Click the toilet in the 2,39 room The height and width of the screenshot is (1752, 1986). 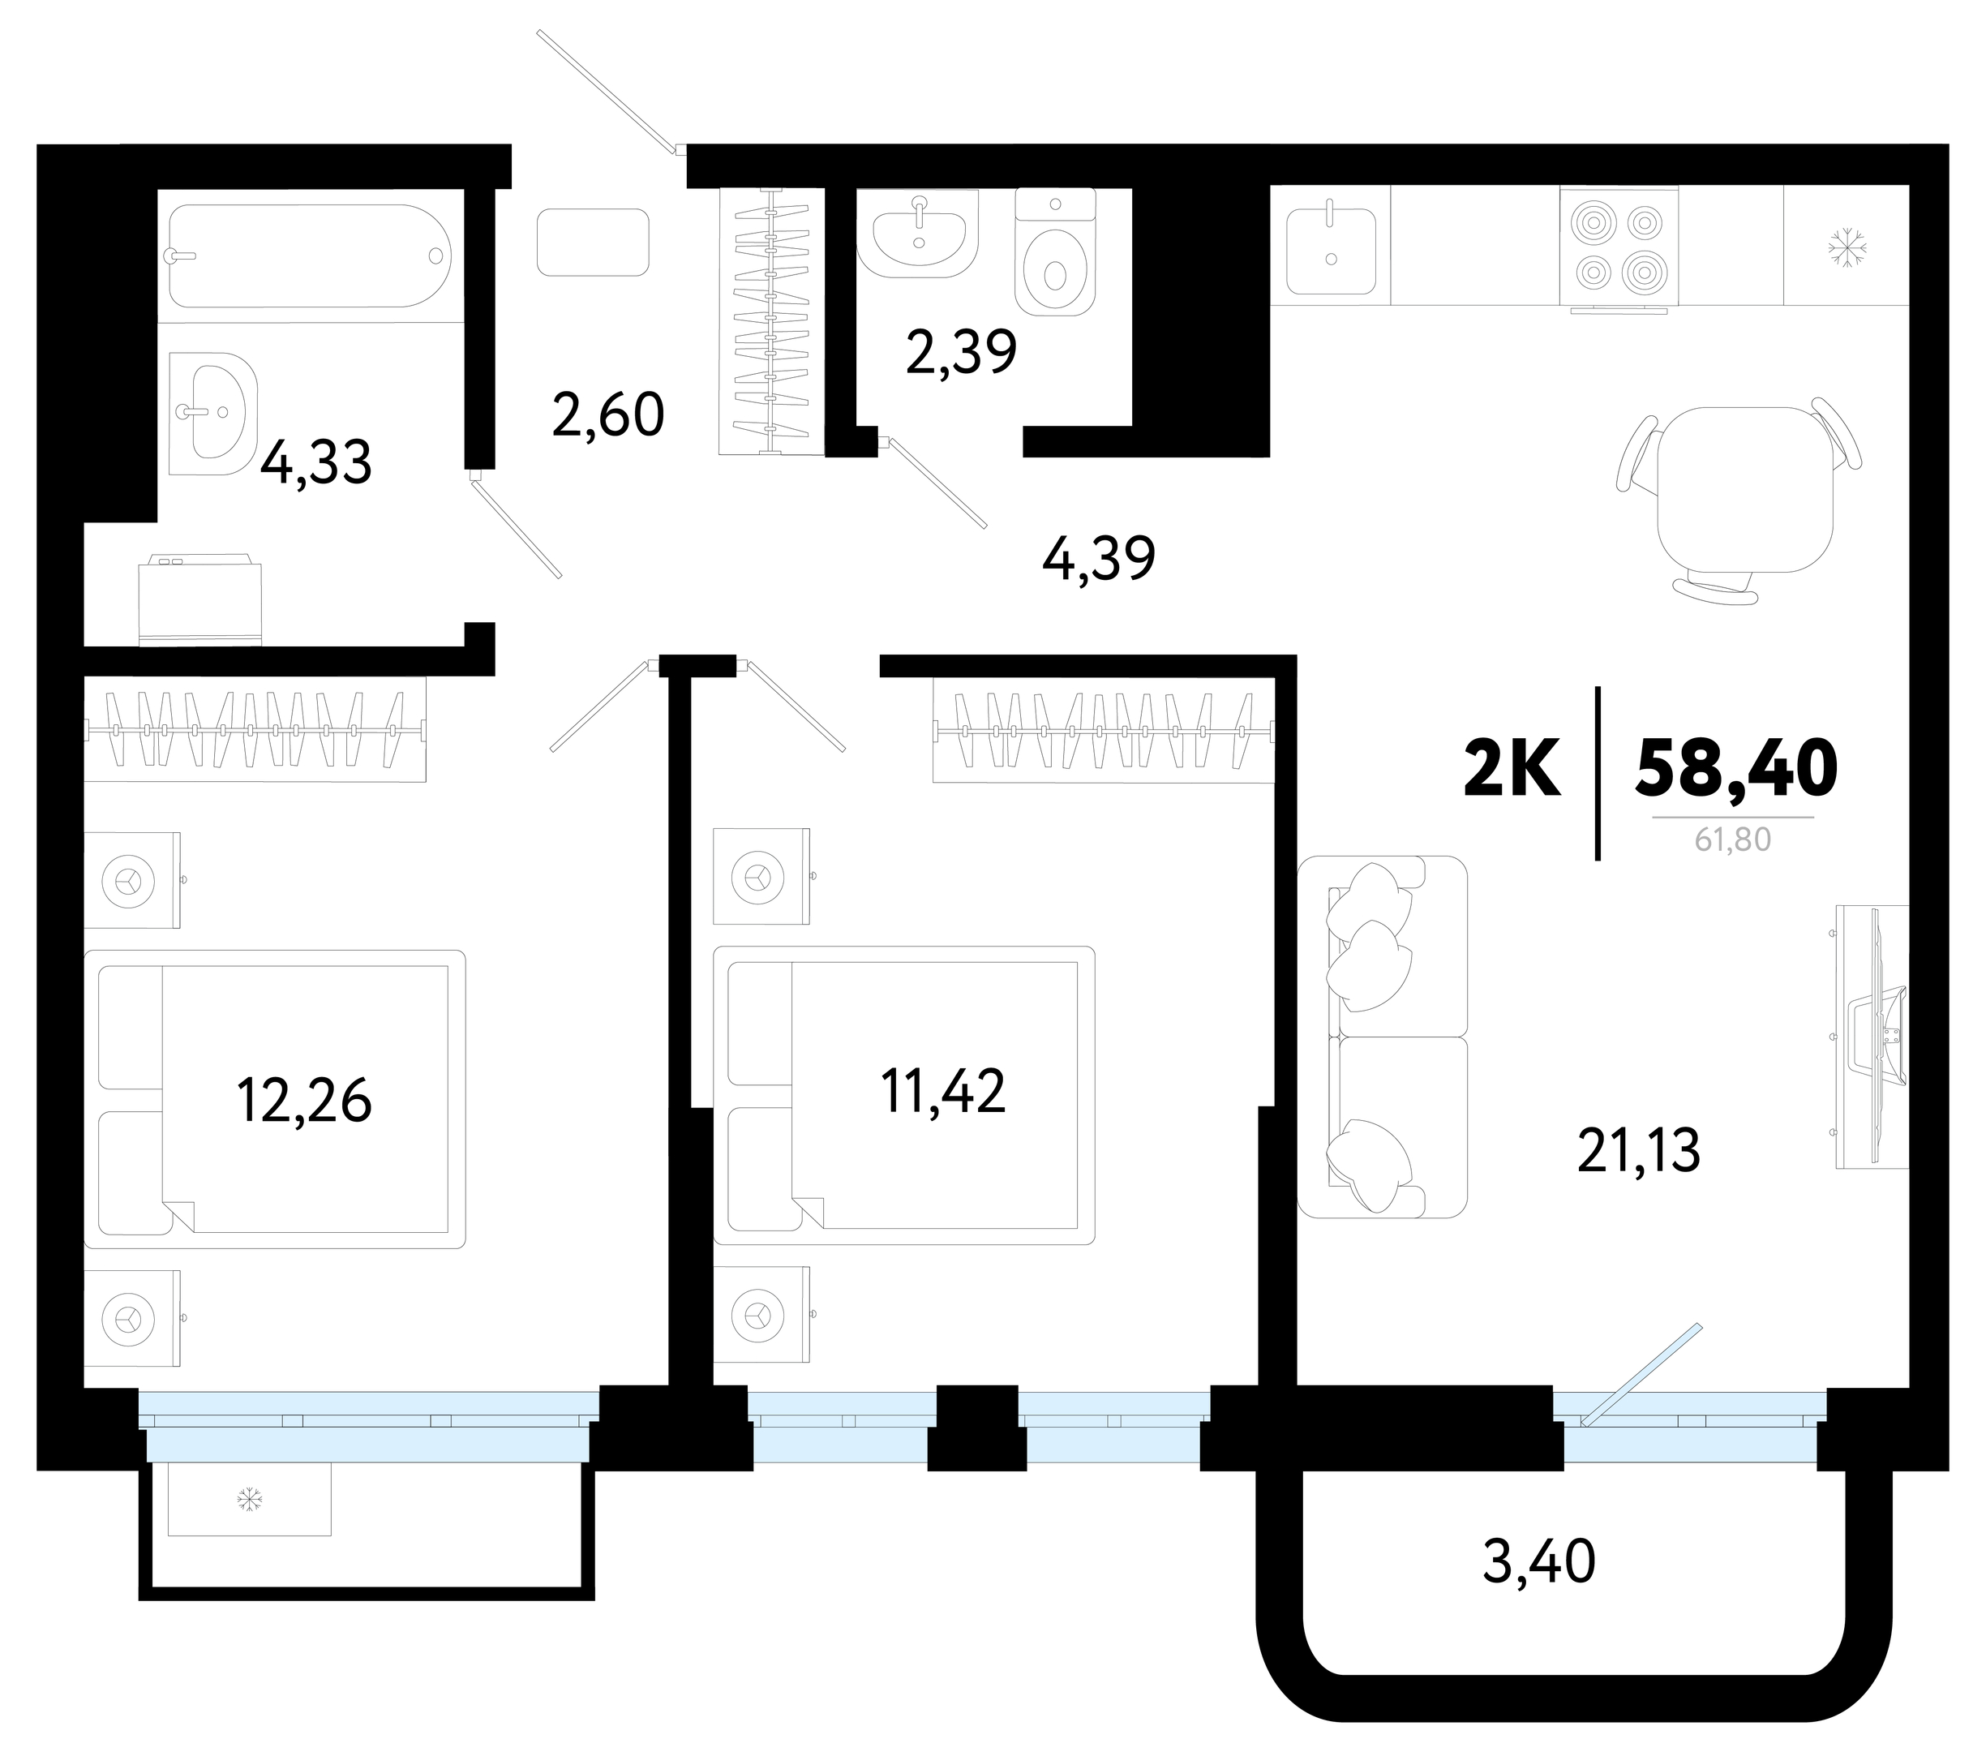click(x=1055, y=251)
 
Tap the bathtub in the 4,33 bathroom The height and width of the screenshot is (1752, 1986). click(x=310, y=255)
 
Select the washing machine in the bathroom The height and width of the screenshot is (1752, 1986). click(x=200, y=599)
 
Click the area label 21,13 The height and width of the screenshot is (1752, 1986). click(x=1638, y=1152)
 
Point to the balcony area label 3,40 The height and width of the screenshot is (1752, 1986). click(x=1539, y=1562)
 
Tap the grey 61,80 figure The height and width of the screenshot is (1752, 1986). click(x=1732, y=839)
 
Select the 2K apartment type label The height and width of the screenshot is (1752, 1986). click(x=1512, y=767)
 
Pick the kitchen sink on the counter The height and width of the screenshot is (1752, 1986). click(x=1331, y=251)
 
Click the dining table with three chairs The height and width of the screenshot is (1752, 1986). click(x=1739, y=500)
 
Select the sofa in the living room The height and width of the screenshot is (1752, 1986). click(x=1382, y=1036)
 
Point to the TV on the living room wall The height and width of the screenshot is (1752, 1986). click(x=1873, y=1036)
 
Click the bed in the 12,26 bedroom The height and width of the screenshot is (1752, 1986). click(x=274, y=1099)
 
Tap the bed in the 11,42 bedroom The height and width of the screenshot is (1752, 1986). click(x=903, y=1095)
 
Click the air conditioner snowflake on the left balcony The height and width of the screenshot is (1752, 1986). click(x=250, y=1500)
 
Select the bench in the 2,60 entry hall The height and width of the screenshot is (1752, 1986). click(x=593, y=242)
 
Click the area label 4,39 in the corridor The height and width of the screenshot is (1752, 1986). click(x=1098, y=559)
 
